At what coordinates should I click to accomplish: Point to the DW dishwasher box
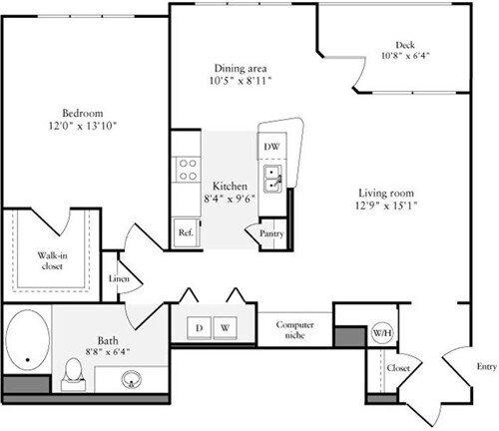[x=272, y=147]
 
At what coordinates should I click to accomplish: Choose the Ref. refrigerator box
[x=186, y=231]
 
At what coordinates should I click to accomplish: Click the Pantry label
[x=270, y=233]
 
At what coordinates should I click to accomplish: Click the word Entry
[x=485, y=366]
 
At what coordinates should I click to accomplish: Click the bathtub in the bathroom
[x=26, y=344]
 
